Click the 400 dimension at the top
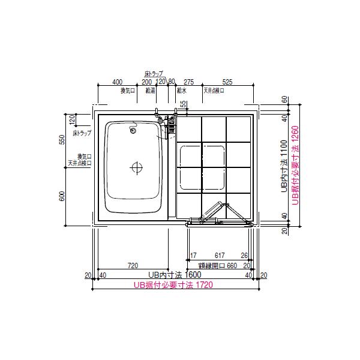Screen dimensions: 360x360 tap(117, 81)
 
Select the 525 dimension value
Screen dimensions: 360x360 tap(227, 81)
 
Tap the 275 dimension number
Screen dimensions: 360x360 tap(188, 81)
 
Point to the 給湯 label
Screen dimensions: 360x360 tap(151, 91)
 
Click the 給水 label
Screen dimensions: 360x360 tap(182, 91)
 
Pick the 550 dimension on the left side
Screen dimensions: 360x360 tap(63, 139)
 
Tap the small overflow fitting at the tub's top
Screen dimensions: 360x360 tap(133, 128)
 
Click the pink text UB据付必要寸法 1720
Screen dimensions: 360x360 tap(173, 286)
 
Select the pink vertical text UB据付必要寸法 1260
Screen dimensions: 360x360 tap(295, 166)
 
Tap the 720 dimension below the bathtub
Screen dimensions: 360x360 tap(133, 265)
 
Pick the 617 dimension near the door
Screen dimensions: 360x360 tap(220, 255)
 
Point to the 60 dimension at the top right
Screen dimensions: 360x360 tap(285, 100)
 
